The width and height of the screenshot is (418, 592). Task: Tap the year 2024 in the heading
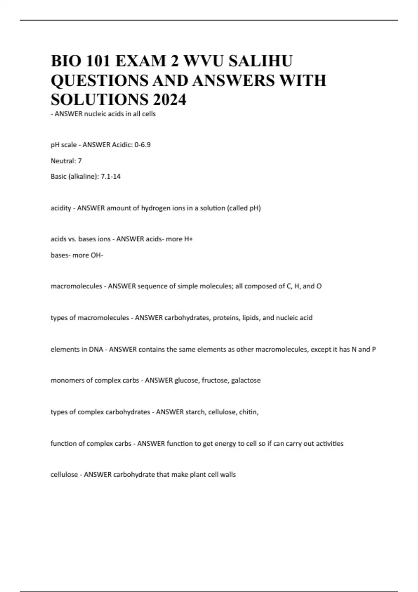coord(169,100)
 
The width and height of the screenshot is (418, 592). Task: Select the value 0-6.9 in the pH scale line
coord(140,145)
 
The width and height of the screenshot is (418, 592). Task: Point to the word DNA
coord(96,349)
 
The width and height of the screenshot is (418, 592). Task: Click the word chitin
coord(249,412)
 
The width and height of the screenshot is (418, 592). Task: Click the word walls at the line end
coord(228,475)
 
